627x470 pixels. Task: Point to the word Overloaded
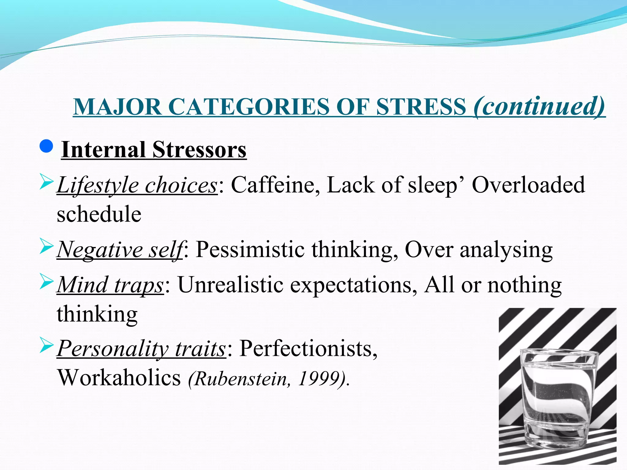tap(528, 185)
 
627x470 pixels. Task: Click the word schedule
tap(99, 214)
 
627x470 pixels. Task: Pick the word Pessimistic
tap(250, 249)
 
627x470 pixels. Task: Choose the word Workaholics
tap(119, 378)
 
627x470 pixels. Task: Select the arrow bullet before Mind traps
tap(47, 282)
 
